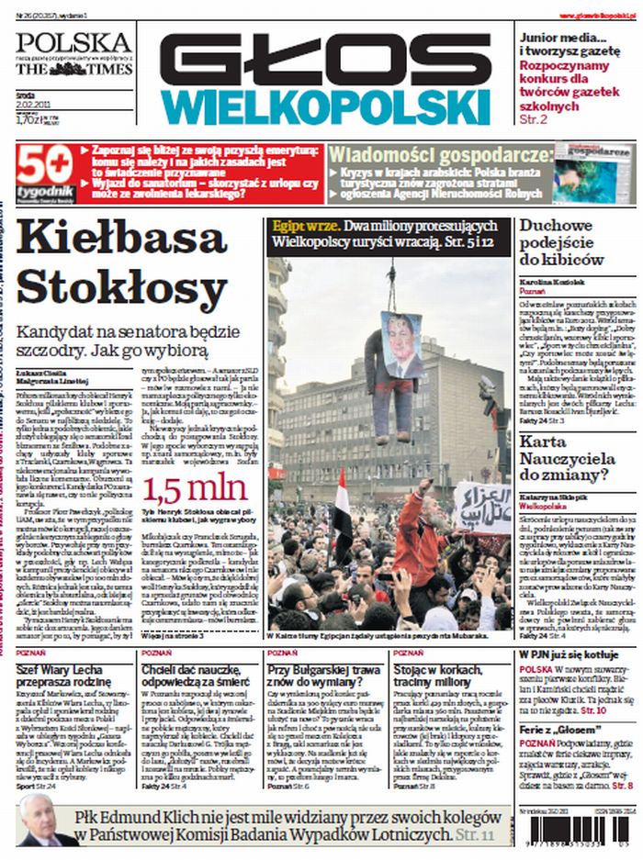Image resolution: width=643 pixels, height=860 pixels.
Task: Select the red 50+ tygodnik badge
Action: pos(42,171)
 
